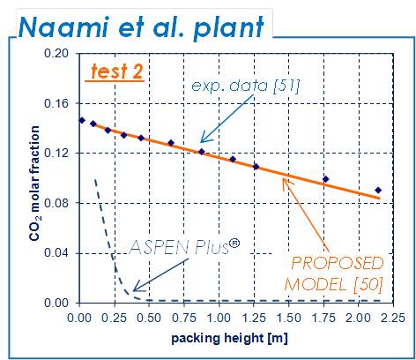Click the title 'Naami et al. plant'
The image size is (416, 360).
tap(141, 27)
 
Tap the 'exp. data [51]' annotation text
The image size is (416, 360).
tap(246, 86)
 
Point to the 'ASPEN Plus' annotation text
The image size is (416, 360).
tap(184, 246)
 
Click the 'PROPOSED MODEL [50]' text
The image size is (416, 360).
tap(334, 274)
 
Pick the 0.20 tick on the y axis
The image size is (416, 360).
tap(56, 54)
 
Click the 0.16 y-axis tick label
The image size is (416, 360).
tap(56, 103)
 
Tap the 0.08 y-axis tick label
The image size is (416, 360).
tap(56, 203)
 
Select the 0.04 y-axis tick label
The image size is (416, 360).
tap(56, 253)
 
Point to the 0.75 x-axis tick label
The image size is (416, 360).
tap(184, 318)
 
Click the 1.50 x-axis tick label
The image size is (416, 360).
tap(289, 318)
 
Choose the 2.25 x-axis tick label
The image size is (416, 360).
tap(392, 318)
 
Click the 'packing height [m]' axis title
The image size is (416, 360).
tap(229, 338)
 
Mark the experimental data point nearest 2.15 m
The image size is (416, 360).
tap(378, 191)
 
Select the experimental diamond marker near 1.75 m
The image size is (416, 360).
tap(325, 179)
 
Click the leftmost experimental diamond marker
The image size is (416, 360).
tap(82, 120)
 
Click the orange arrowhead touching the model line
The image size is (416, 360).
tap(286, 183)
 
